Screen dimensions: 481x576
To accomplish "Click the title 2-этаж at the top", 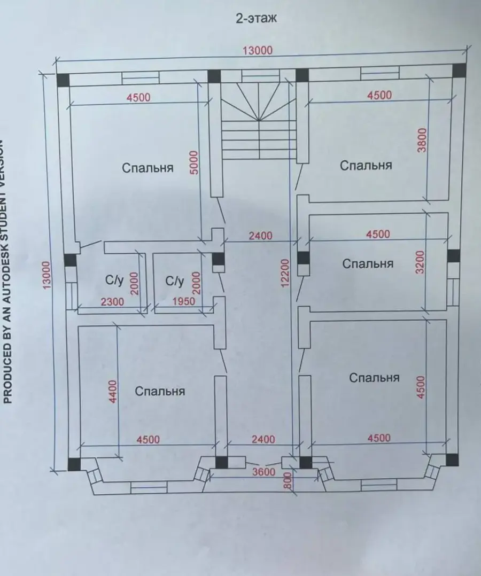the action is tap(256, 18).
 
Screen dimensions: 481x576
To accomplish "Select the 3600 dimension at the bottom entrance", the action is tap(263, 472).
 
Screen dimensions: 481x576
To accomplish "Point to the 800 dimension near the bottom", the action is tap(288, 480).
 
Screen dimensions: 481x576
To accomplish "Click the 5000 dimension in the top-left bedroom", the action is tap(195, 162).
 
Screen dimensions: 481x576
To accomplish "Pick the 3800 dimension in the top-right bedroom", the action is tap(423, 139).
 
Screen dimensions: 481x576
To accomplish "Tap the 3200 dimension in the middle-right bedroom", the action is tap(421, 262).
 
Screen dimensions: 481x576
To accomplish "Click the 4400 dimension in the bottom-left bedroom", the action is tap(113, 391).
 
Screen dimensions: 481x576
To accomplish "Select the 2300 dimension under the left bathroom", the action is tap(112, 302).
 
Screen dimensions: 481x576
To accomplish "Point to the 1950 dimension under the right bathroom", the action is tap(184, 301).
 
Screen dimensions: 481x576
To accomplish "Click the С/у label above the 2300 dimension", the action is tap(114, 281).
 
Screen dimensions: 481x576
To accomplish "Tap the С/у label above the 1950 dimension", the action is tap(174, 282).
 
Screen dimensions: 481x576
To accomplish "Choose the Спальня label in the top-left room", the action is tap(148, 168).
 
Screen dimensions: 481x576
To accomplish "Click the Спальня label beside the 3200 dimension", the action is tap(368, 263).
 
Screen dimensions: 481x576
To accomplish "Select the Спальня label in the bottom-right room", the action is tap(374, 378).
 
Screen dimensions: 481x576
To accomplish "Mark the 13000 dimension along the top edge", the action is tap(258, 50).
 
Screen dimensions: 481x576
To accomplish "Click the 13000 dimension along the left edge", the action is tap(46, 275).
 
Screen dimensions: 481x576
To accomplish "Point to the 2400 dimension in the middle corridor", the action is tap(260, 236).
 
